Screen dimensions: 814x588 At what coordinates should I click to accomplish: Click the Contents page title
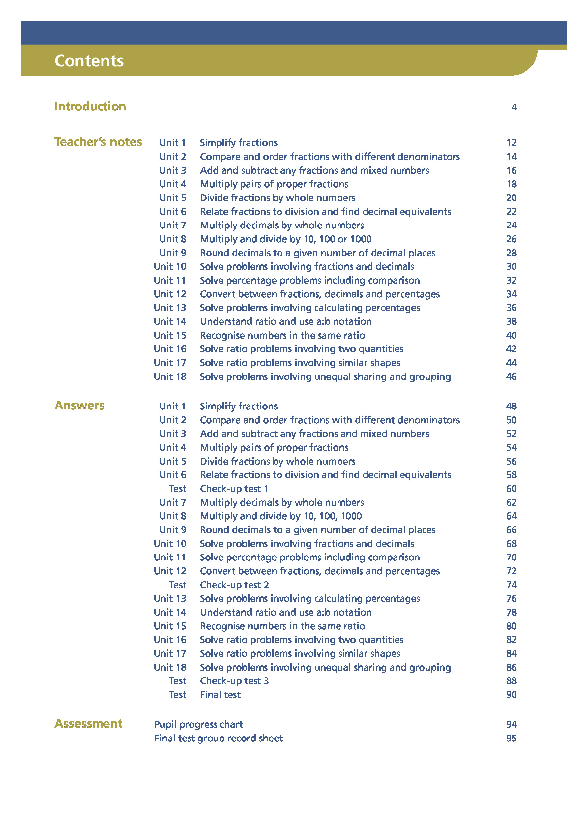pos(89,61)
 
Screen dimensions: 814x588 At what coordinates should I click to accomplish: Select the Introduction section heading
pos(90,106)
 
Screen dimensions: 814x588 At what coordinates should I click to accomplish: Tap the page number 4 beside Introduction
pos(514,107)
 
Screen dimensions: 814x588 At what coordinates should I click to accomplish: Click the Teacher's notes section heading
pos(98,142)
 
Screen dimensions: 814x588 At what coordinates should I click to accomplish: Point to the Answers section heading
pos(79,406)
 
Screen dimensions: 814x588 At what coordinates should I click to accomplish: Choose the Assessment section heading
pos(88,724)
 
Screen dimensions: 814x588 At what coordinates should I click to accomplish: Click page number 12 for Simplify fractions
pos(511,143)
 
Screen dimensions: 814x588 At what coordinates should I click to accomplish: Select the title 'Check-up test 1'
pos(234,489)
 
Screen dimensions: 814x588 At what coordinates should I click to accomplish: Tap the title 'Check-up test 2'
pos(234,585)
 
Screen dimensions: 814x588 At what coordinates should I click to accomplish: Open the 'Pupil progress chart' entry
pos(198,725)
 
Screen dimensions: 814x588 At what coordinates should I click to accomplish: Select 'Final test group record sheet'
pos(219,738)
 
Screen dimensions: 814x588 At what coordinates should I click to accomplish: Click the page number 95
pos(511,739)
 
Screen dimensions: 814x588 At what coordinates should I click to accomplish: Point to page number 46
pos(511,377)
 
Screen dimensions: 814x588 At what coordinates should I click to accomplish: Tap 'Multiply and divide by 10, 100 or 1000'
pos(285,239)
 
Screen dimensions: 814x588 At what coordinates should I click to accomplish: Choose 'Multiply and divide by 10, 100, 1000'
pos(281,516)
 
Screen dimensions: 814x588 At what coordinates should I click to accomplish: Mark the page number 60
pos(511,489)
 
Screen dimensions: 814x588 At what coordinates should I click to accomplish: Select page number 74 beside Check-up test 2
pos(511,585)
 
